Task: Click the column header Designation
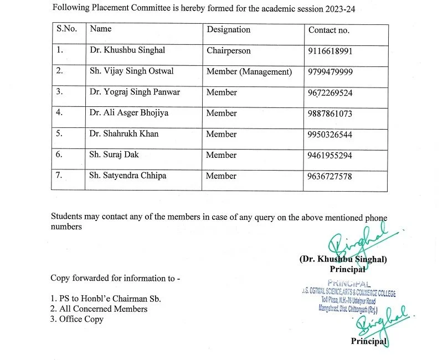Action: click(228, 30)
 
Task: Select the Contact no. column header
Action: click(328, 30)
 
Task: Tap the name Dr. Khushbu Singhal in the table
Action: click(127, 50)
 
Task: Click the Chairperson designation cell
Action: click(228, 50)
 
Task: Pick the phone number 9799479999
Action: click(330, 71)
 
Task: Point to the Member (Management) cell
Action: click(249, 71)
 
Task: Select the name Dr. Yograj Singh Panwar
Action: click(135, 92)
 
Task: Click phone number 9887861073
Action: click(330, 114)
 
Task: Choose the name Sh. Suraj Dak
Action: click(114, 155)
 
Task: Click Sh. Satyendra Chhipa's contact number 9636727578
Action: click(330, 176)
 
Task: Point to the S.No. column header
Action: click(66, 29)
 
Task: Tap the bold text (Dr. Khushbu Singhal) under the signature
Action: click(343, 259)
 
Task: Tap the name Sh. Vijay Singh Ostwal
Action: click(131, 71)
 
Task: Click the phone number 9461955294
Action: click(330, 155)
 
